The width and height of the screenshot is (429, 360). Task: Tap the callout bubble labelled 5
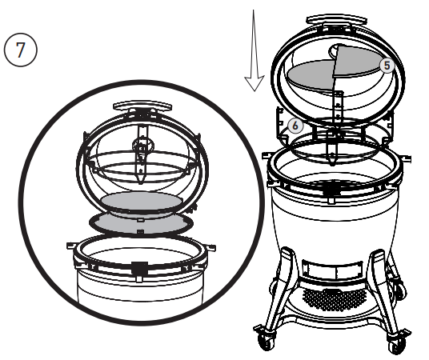(387, 66)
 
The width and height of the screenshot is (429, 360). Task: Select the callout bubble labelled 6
(295, 126)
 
